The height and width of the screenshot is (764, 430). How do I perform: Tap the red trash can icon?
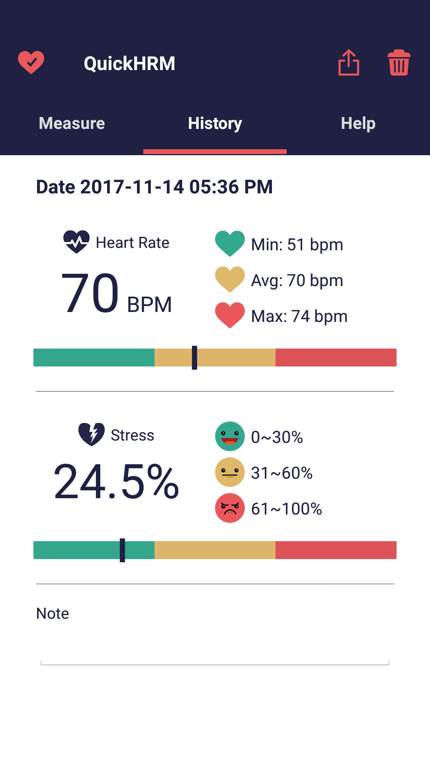[x=399, y=63]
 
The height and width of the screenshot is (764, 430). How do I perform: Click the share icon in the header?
[x=349, y=63]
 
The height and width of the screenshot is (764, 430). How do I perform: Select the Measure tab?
[x=72, y=123]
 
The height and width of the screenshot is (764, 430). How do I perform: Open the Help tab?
[x=358, y=123]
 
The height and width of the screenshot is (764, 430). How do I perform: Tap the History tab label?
[x=215, y=123]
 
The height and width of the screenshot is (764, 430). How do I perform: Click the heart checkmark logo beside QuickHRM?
[x=31, y=62]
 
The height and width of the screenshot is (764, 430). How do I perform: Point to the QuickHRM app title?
[x=129, y=64]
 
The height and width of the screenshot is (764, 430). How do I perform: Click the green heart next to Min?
[x=230, y=243]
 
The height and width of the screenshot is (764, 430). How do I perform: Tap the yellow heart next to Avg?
[x=230, y=279]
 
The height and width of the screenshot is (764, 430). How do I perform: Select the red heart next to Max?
[x=230, y=315]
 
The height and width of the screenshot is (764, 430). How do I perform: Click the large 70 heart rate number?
[x=90, y=293]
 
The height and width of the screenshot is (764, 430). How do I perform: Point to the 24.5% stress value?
[x=116, y=481]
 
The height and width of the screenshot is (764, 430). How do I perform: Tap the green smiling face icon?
[x=230, y=436]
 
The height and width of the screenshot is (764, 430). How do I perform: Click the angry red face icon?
[x=230, y=508]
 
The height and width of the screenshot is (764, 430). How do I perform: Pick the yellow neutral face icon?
[x=230, y=472]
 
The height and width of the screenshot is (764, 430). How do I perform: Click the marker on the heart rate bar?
[x=194, y=357]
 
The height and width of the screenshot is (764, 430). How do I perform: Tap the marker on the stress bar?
[x=122, y=550]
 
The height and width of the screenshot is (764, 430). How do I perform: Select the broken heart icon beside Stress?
[x=92, y=434]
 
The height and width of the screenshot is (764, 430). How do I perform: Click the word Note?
[x=53, y=614]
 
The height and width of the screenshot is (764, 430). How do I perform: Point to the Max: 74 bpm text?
[x=299, y=316]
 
